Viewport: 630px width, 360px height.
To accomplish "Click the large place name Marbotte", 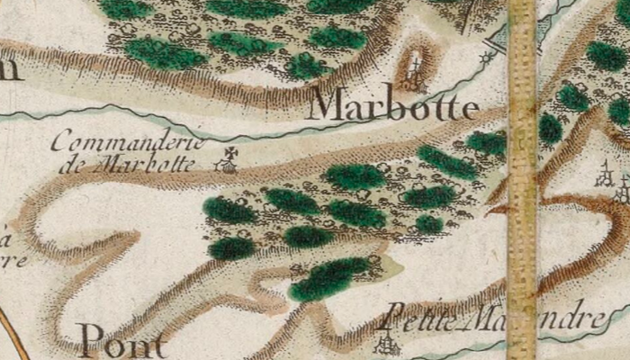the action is [x=392, y=106].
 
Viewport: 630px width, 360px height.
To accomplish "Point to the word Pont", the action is [x=122, y=341].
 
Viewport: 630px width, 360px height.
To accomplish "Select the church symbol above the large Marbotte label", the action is [x=416, y=68].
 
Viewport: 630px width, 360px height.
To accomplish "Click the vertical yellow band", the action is [x=521, y=180].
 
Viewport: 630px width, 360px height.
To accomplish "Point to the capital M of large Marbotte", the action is [x=328, y=105].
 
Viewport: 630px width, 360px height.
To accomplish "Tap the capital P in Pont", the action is [x=91, y=341].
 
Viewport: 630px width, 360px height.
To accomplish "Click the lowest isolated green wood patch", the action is [x=329, y=278].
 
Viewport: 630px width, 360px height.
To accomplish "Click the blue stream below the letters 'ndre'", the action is [x=576, y=337].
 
